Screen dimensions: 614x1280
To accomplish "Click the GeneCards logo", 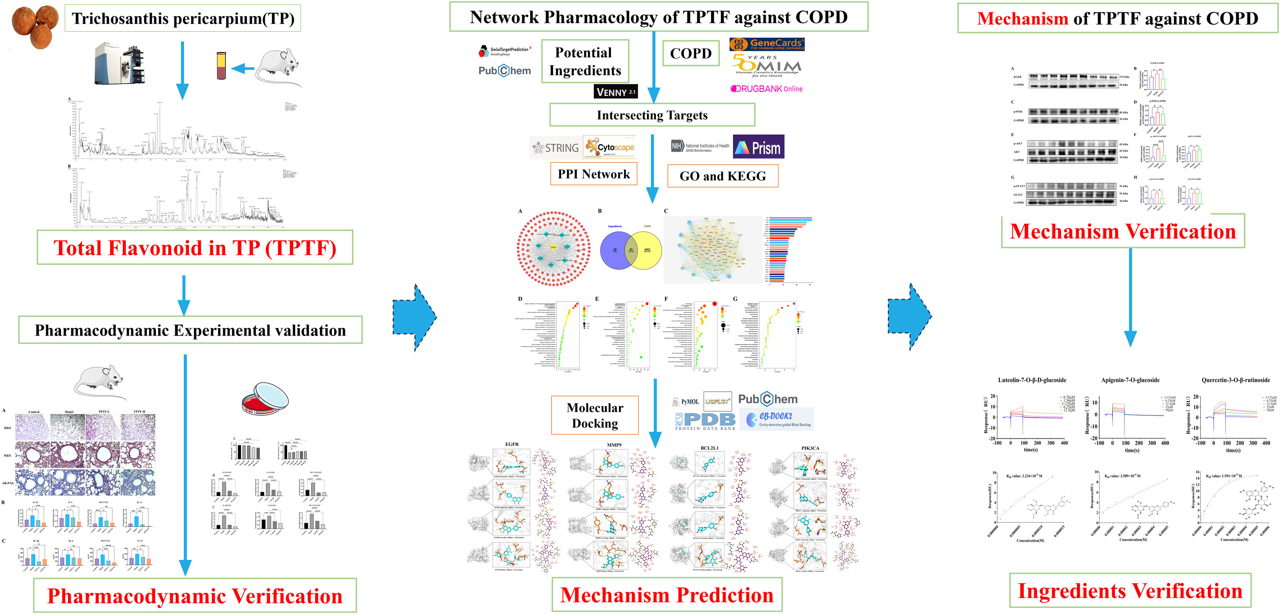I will click(x=766, y=44).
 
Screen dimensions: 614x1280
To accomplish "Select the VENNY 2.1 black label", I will click(x=615, y=92).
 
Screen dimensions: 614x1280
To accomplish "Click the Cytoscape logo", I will click(x=609, y=147).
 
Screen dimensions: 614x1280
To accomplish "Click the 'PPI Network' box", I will click(x=593, y=174).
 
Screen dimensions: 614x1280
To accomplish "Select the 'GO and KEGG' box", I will click(x=722, y=176).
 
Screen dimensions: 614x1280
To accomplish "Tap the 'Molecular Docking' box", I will click(x=595, y=415).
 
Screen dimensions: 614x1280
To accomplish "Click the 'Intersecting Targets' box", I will click(x=652, y=115).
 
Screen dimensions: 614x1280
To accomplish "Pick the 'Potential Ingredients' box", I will click(x=585, y=61).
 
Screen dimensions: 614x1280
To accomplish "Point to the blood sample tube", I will click(x=221, y=66).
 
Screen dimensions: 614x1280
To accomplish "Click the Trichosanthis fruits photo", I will click(x=35, y=26).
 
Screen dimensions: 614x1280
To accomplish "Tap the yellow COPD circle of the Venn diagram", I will click(x=647, y=250).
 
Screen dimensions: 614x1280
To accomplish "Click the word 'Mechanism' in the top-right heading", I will click(x=1022, y=19).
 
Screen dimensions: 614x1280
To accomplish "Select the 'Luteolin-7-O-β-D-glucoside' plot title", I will click(x=1032, y=380).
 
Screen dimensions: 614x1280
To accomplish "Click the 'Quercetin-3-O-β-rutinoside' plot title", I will click(x=1235, y=380).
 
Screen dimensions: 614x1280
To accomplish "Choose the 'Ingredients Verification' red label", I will click(x=1130, y=591).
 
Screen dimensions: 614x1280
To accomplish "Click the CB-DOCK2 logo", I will click(x=776, y=419).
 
